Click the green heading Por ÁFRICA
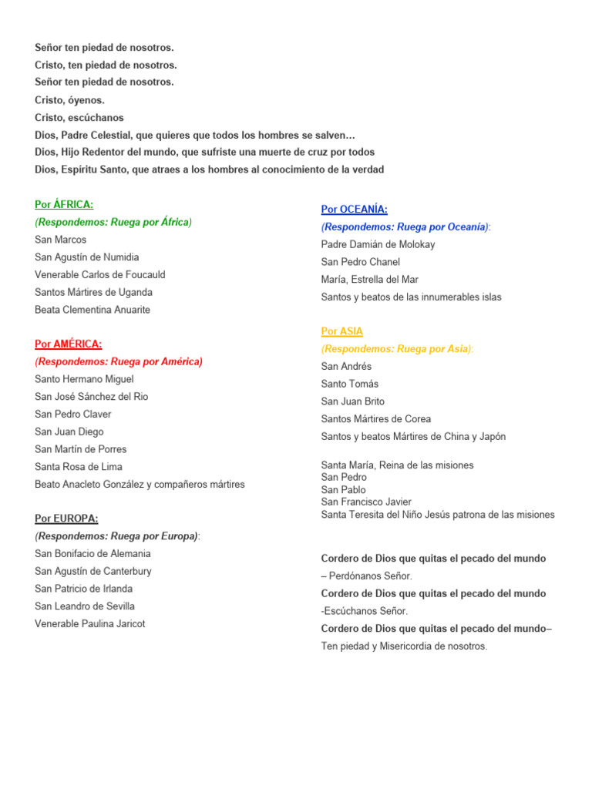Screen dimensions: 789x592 click(x=64, y=204)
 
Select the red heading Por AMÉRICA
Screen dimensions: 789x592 click(x=68, y=344)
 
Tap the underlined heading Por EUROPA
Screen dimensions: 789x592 click(x=66, y=519)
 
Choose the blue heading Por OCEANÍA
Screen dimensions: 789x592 click(x=354, y=210)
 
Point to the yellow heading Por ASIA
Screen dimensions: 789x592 click(x=341, y=331)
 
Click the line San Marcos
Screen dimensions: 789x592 click(x=60, y=240)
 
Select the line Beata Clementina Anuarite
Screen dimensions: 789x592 click(x=92, y=310)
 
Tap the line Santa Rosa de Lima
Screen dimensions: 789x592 click(x=78, y=467)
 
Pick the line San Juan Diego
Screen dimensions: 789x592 click(x=69, y=431)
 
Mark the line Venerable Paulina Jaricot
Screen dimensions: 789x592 click(x=89, y=624)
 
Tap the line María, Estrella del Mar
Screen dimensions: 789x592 click(x=370, y=280)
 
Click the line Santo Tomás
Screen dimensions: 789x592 click(x=350, y=384)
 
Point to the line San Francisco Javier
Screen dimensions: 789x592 click(x=366, y=502)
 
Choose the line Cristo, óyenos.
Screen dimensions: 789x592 click(x=69, y=100)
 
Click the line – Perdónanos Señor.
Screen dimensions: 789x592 click(x=367, y=576)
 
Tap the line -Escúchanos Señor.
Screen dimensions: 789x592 click(x=365, y=611)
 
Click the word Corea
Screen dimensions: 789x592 click(x=416, y=419)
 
